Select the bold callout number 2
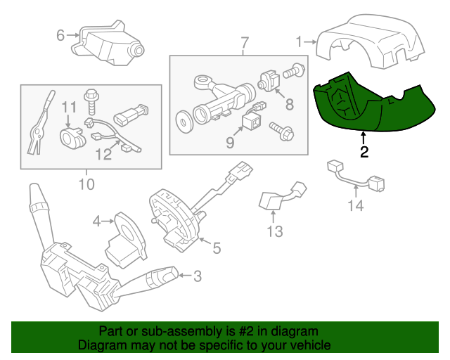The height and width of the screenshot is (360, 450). pos(364,151)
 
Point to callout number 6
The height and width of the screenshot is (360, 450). pos(60,34)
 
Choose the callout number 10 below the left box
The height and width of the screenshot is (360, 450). pos(86,185)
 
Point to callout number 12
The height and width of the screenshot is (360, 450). pos(103,153)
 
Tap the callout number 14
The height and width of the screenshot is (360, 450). pos(356,205)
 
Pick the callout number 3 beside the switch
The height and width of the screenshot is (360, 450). pos(197,276)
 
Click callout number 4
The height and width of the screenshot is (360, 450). pos(97,222)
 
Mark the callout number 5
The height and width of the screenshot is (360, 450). pos(217,247)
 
